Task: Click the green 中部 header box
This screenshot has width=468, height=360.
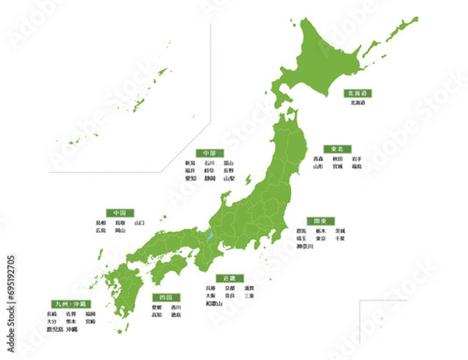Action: point(208,153)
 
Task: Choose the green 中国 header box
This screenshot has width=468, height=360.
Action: point(119,212)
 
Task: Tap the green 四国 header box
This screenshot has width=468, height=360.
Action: point(165,298)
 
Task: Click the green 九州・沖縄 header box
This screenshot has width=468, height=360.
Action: point(69,303)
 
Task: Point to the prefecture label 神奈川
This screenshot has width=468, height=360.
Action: point(304,246)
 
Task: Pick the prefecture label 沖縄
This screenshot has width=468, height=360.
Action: point(73,330)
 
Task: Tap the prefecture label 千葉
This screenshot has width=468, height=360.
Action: point(340,238)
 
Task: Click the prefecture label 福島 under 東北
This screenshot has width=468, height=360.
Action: point(356,166)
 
